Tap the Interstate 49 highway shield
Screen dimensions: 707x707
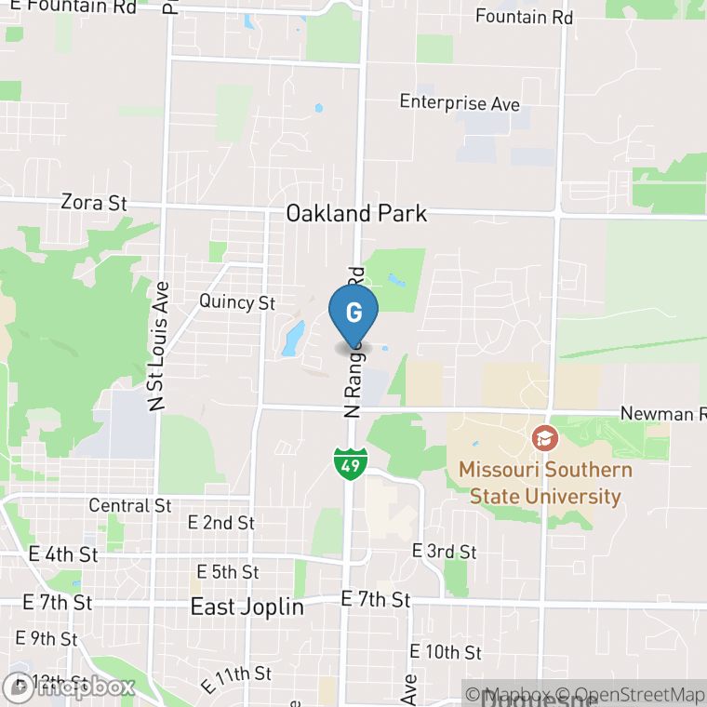[352, 463]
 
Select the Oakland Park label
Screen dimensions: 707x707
[356, 213]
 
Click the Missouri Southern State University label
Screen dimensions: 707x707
[544, 482]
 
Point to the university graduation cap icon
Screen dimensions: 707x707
[544, 436]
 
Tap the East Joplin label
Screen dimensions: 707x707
[247, 607]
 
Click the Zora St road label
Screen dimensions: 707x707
[93, 202]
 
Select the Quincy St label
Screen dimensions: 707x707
[237, 302]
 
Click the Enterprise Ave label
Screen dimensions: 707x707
[460, 103]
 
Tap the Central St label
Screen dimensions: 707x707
[130, 505]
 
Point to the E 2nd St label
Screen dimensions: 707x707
[220, 523]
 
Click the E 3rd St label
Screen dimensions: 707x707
[444, 552]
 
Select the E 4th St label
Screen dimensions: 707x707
[63, 554]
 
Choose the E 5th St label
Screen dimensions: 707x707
[228, 571]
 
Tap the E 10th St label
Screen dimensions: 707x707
[446, 651]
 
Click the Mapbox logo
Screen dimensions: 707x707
[70, 687]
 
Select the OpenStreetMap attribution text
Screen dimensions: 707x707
[633, 694]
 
